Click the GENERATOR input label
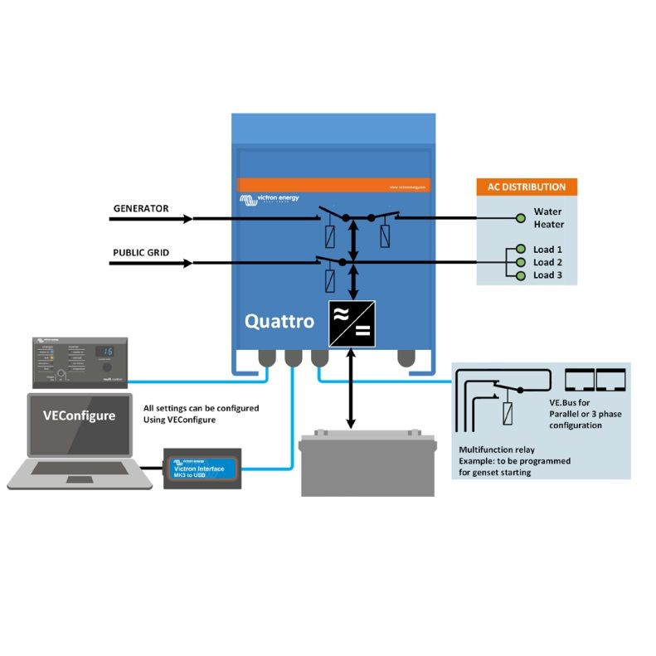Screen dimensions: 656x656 [141, 209]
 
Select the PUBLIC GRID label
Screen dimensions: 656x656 [142, 253]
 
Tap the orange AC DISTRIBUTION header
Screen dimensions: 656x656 [527, 187]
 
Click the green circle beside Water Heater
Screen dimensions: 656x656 [520, 218]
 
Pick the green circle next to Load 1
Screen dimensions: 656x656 [520, 249]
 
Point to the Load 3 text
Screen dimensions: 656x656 [548, 275]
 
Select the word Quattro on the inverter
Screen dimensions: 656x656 [279, 321]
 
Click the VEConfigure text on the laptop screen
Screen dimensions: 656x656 [80, 416]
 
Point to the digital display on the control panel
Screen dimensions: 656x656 [104, 352]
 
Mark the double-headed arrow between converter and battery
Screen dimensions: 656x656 [351, 389]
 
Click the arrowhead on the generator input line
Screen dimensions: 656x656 [188, 219]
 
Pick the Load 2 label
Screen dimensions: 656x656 [548, 262]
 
